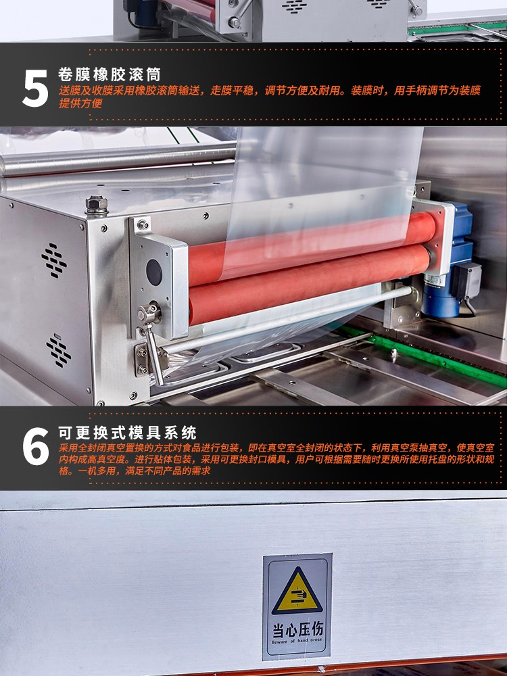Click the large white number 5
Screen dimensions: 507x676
click(35, 88)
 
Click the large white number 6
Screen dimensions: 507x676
click(36, 446)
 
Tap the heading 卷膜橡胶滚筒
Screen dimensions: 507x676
click(110, 74)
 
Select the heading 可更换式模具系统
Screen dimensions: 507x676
click(127, 433)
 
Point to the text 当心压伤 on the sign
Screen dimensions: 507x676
click(297, 630)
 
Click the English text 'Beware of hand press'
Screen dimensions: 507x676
click(297, 641)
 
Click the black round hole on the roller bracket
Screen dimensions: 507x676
click(154, 272)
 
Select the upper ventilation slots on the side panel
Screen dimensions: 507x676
click(54, 260)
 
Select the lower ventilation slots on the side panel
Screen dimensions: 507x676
click(59, 351)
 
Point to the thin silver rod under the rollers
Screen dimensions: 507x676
click(285, 319)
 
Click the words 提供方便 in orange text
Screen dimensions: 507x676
click(80, 103)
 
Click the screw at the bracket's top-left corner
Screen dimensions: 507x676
click(142, 224)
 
